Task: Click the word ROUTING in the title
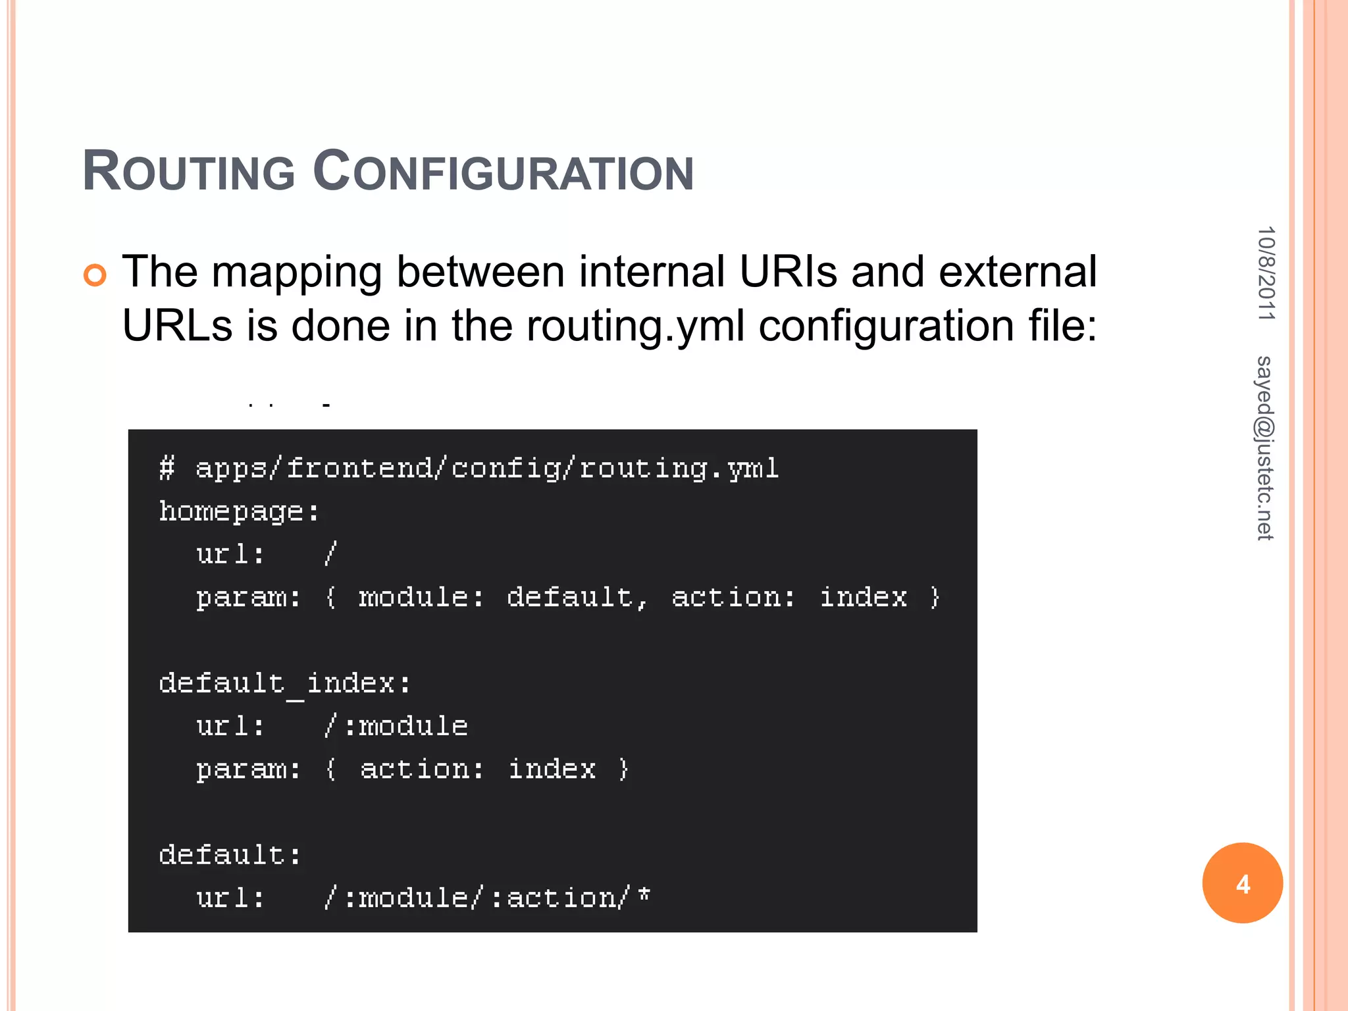coord(189,172)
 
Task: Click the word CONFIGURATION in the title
coord(503,172)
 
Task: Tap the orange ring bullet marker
coord(95,275)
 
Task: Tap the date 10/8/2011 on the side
coord(1266,273)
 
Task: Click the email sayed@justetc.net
coord(1264,448)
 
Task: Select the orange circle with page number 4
coord(1242,883)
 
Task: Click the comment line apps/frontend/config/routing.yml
coord(487,469)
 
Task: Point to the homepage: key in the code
coord(239,511)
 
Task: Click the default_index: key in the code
coord(285,683)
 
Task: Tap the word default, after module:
coord(577,597)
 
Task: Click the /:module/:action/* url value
coord(487,898)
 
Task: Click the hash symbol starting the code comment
coord(167,469)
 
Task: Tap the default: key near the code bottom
coord(230,855)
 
